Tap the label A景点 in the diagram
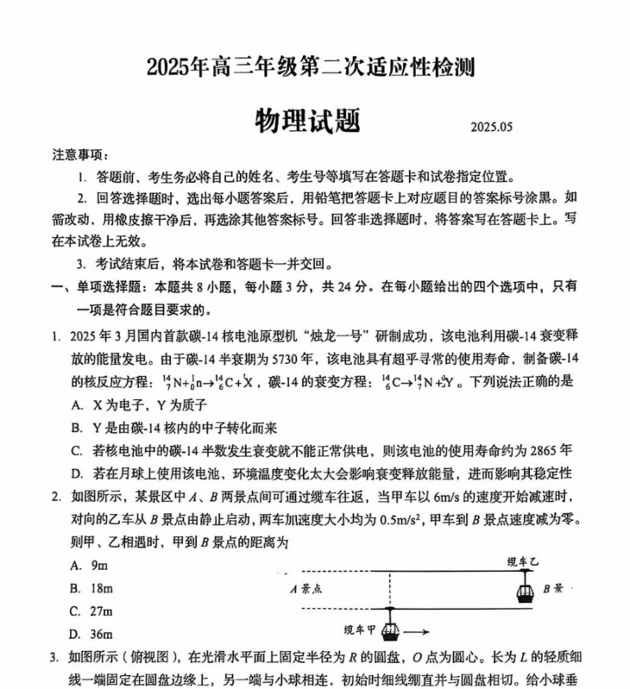[307, 589]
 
